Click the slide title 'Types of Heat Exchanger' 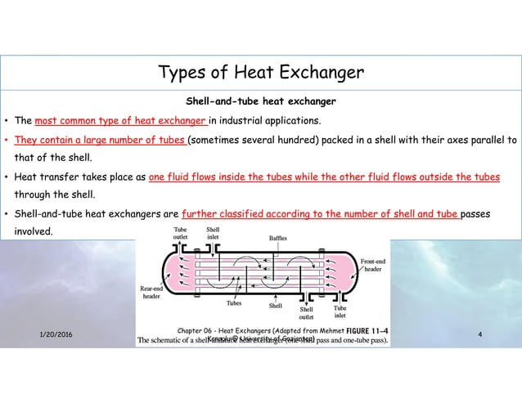pos(261,74)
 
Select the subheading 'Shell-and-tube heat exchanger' pos(261,102)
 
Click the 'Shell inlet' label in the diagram pos(212,233)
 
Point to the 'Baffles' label pos(278,238)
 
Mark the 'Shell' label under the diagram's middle pos(276,307)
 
